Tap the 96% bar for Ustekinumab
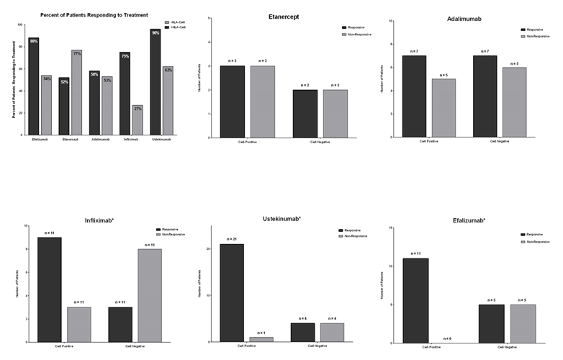coord(156,82)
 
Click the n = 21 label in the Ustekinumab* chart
coord(231,239)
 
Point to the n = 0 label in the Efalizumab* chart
coord(446,338)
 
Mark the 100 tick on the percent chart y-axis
coord(20,24)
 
